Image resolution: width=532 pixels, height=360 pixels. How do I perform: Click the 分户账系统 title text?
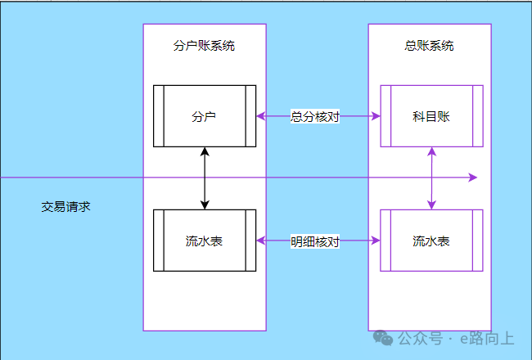(205, 46)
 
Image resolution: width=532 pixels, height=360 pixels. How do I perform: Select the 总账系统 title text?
(430, 46)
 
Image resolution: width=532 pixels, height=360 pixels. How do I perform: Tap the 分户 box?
(205, 116)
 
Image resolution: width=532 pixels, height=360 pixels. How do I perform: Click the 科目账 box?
(431, 116)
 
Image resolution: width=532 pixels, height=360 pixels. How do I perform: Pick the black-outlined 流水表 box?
(205, 241)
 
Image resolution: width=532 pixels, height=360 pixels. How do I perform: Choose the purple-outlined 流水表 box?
(431, 241)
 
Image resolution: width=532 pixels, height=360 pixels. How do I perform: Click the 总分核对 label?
(315, 116)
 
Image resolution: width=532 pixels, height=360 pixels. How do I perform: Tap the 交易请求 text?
(65, 207)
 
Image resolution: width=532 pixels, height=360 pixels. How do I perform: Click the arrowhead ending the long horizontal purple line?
(472, 177)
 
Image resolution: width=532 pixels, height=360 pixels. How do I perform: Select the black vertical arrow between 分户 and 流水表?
(205, 178)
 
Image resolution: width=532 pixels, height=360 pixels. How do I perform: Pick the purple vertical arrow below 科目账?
(431, 178)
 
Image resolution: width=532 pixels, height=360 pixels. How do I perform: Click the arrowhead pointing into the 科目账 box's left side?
(376, 116)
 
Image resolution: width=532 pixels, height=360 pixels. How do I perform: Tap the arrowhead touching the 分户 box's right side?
(261, 116)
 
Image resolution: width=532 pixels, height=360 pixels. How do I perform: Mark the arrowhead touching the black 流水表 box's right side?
(261, 241)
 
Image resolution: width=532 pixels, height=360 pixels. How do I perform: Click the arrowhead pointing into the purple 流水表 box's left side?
(376, 241)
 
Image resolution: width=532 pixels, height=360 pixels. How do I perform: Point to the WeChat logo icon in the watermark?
(383, 338)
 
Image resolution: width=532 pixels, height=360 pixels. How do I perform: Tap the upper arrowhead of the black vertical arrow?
(205, 151)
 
